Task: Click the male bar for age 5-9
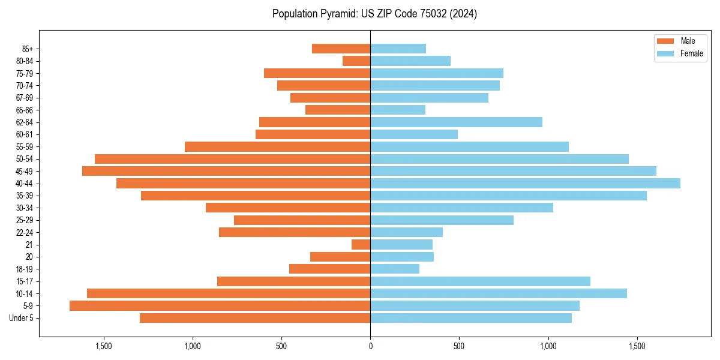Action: (220, 305)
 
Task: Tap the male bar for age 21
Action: (361, 244)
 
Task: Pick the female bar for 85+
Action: (398, 49)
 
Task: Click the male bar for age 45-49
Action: (226, 171)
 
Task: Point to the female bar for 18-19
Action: (395, 269)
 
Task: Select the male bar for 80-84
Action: (356, 61)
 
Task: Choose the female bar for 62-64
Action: (456, 122)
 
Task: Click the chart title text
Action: (374, 14)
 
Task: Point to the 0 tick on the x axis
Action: (370, 346)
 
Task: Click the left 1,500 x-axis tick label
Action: (104, 346)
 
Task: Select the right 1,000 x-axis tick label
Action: (548, 346)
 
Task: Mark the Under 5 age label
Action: (21, 318)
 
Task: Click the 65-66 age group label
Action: (25, 110)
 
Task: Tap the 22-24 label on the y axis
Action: (25, 232)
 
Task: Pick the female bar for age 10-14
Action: (499, 293)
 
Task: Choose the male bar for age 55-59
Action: (277, 146)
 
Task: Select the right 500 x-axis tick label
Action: (459, 346)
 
